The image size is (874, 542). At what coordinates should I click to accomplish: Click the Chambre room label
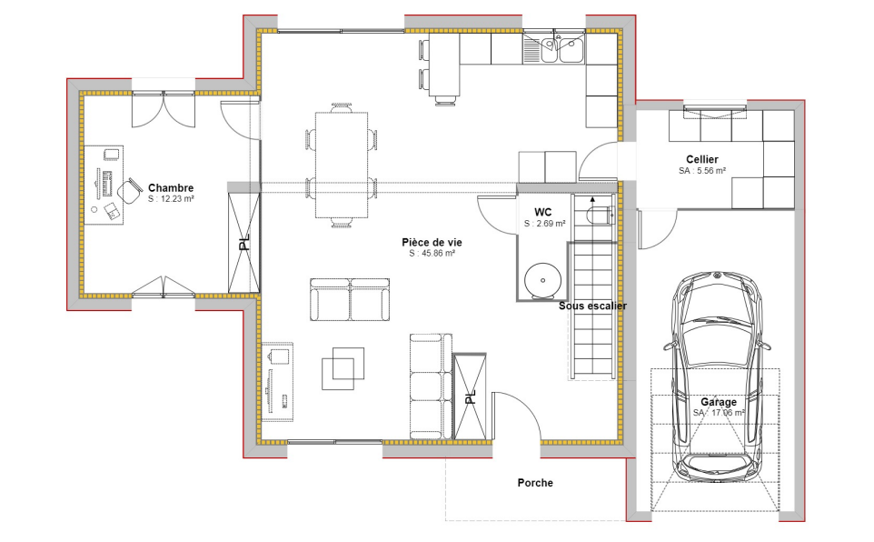[171, 188]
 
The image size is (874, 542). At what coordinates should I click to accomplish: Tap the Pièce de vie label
[431, 242]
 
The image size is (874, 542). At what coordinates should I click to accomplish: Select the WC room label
[543, 211]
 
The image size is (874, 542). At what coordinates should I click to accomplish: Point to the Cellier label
[702, 159]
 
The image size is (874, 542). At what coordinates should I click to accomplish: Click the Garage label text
[718, 401]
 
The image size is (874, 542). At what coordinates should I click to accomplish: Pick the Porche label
[535, 483]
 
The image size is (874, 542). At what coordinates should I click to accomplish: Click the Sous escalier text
[592, 306]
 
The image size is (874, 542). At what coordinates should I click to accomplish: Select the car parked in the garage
[717, 373]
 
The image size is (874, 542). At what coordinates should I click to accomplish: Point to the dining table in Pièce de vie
[342, 164]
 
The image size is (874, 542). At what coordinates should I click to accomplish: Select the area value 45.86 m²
[431, 254]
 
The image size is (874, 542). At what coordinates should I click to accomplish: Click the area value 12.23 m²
[172, 199]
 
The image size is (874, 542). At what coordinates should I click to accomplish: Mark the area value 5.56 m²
[702, 171]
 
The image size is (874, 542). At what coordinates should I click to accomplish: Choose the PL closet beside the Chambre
[243, 242]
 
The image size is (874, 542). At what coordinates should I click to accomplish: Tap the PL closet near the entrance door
[470, 396]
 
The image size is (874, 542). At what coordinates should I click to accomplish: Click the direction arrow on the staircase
[592, 197]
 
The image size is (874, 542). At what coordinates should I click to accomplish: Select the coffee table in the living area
[343, 367]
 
